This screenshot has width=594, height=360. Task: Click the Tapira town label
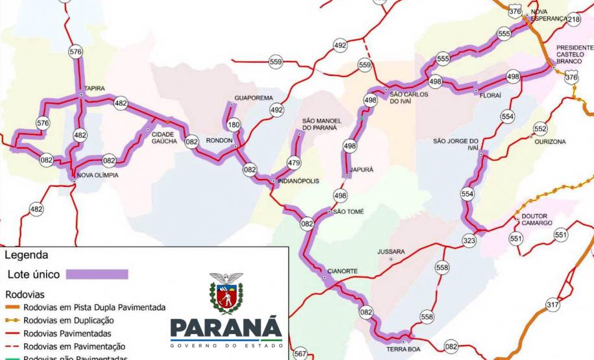pos(95,89)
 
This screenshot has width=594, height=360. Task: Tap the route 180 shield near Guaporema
pos(234,125)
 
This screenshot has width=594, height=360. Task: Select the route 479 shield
pos(293,163)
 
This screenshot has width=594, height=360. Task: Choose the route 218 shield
pos(573,19)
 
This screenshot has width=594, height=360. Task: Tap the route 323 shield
pos(469,240)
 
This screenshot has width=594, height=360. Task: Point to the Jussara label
pos(391,251)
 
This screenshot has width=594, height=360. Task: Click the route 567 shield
pos(300,354)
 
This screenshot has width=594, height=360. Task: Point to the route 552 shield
pos(540,128)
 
